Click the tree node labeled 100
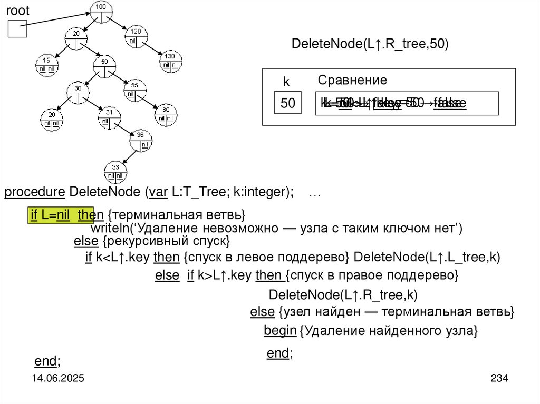(x=101, y=12)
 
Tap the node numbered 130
(x=170, y=61)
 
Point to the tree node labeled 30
(x=78, y=93)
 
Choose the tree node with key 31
(x=109, y=117)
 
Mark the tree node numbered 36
(x=141, y=140)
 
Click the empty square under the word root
(x=17, y=28)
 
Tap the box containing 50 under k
(x=288, y=103)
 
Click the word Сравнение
(x=352, y=80)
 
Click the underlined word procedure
(x=35, y=192)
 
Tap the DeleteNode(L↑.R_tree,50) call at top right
(x=370, y=44)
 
